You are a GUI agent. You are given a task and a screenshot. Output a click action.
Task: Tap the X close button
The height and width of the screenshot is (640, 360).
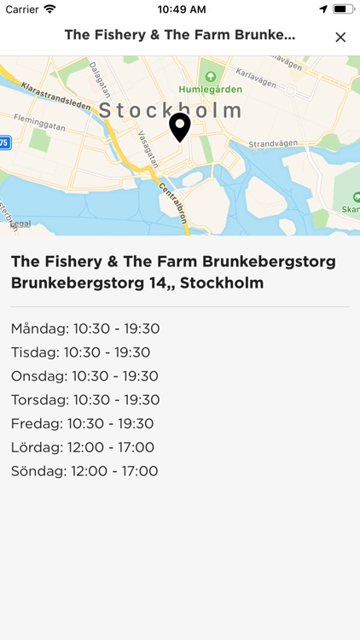[x=340, y=37]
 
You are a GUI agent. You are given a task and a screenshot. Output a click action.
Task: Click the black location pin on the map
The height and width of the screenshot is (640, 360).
[x=179, y=127]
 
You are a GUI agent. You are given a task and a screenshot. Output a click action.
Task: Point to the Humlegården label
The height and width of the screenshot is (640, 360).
[x=210, y=89]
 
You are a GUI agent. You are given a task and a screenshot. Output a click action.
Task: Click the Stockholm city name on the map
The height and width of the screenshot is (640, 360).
[x=171, y=111]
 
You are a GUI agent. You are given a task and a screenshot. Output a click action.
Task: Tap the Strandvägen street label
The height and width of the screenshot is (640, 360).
[x=270, y=144]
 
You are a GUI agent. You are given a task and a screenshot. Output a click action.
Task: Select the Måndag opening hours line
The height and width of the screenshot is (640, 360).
[x=85, y=329]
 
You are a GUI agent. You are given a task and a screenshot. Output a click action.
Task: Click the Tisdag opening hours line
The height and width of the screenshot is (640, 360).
[x=81, y=352]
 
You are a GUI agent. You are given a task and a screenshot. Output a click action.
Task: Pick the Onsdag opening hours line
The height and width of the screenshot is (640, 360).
[x=85, y=376]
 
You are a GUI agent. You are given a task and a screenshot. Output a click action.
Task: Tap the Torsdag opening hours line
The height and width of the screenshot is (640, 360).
[x=86, y=399]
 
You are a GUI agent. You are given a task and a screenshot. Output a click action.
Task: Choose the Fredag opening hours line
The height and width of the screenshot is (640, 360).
[x=83, y=423]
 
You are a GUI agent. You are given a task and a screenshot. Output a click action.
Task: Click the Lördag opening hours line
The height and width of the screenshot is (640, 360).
[x=83, y=447]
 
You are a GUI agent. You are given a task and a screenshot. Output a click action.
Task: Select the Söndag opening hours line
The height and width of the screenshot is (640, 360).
[x=84, y=471]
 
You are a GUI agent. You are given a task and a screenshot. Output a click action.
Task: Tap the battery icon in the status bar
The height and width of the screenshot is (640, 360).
[x=343, y=9]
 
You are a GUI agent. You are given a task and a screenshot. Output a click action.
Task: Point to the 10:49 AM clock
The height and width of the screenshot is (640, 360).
[x=181, y=9]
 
